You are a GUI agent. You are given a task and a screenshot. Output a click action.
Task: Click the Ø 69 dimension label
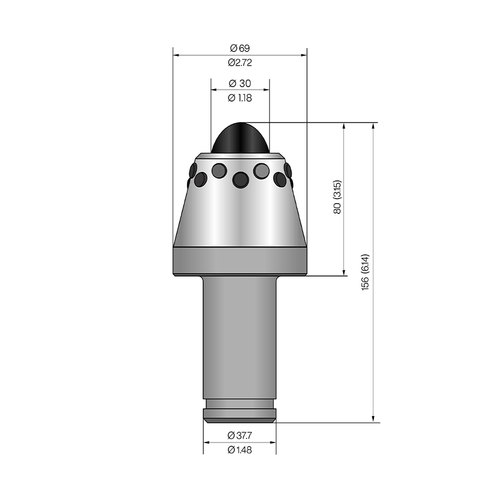240,48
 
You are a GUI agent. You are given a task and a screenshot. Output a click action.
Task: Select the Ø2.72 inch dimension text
240,63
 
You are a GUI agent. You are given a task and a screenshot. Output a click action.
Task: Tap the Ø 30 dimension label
240,83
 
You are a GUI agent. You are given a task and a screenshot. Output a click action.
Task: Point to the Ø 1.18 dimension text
240,98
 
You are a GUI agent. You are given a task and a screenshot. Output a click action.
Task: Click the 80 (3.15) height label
337,197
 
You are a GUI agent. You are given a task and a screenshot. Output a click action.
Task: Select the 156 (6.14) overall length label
365,272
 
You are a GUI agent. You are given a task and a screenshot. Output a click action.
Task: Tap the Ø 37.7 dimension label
240,435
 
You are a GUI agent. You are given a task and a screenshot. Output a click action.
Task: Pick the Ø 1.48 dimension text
240,450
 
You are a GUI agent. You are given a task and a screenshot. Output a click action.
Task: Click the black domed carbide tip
240,138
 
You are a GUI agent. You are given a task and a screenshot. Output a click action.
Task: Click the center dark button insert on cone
240,180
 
